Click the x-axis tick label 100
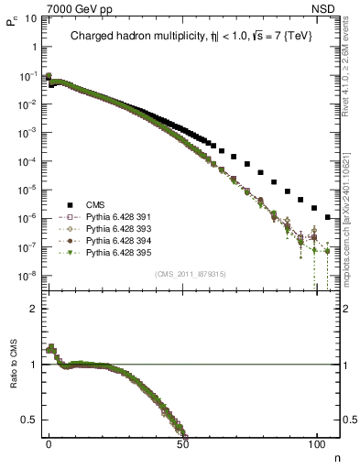pos(316,442)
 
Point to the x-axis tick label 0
pos(49,442)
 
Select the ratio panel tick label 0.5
pos(30,420)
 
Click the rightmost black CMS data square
pos(328,217)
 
